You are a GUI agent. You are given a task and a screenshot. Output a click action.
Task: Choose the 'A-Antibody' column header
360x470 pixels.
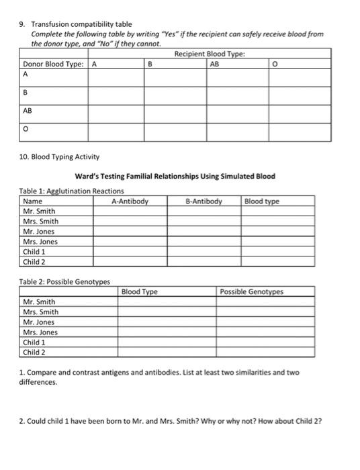(x=130, y=201)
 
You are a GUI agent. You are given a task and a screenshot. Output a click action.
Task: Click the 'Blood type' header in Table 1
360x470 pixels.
(x=262, y=201)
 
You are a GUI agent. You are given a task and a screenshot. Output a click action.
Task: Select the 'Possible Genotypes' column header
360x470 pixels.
(x=253, y=292)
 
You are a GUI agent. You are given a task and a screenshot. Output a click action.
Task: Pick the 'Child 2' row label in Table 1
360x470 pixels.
(x=34, y=262)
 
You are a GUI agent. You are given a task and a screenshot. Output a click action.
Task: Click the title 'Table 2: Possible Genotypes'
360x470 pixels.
(x=64, y=281)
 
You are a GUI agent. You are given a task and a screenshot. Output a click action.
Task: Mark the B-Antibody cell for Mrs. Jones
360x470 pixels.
(x=204, y=242)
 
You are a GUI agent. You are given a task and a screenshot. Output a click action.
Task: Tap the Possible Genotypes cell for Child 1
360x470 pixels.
(x=265, y=342)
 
